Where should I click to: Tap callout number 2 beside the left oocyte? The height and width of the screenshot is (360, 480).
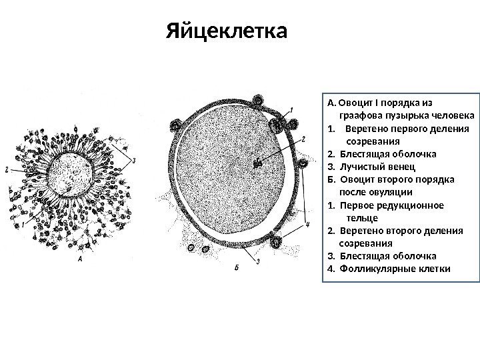click(6, 170)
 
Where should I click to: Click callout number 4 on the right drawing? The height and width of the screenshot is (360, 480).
click(307, 225)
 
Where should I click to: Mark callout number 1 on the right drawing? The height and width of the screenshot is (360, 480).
click(291, 110)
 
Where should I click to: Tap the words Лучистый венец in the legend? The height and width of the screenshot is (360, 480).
click(378, 166)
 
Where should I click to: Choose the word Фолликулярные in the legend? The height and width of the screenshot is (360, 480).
click(374, 269)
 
